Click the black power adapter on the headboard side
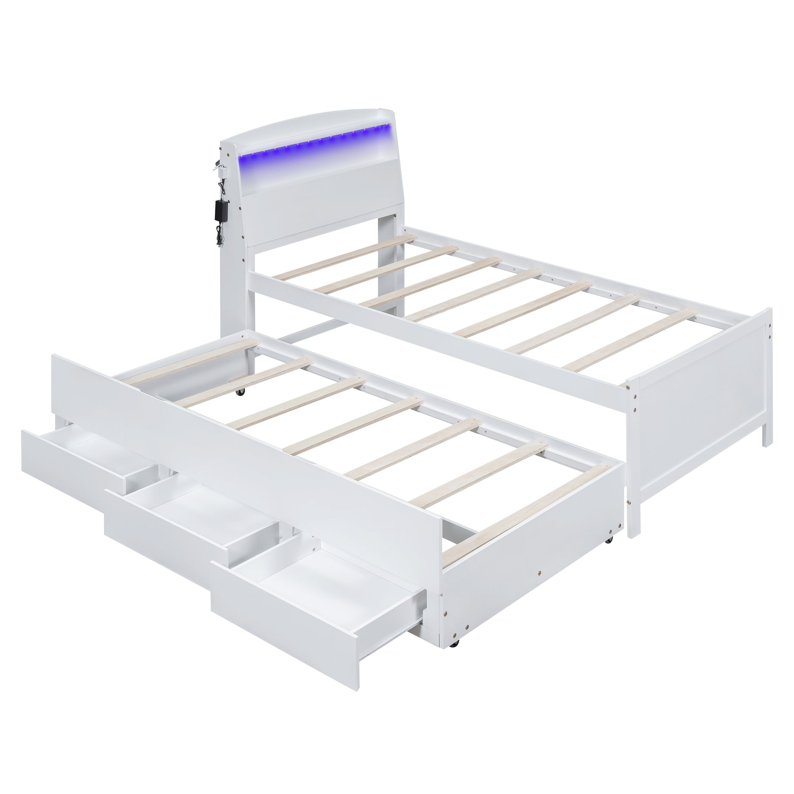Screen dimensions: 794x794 pos(217,210)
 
